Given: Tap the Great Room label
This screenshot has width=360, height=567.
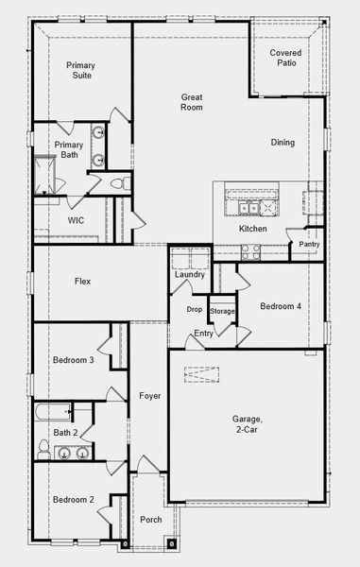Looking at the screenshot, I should tap(193, 102).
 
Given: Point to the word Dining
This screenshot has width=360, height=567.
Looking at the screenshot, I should tap(283, 143).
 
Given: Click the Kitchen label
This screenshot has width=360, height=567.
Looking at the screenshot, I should tap(252, 230).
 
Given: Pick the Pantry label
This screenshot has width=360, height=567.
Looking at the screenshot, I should tap(309, 245).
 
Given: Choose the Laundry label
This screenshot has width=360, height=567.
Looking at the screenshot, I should tap(189, 274).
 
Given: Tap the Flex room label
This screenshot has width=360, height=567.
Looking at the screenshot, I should tap(83, 281).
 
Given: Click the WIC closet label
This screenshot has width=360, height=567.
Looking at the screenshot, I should tap(77, 220).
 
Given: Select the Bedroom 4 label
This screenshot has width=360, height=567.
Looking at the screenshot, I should tap(281, 306).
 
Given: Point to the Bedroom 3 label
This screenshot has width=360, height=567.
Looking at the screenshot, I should tap(73, 360).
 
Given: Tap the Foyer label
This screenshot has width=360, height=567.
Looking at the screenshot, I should tap(150, 396).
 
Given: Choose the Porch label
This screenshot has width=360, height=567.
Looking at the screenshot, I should tap(150, 519).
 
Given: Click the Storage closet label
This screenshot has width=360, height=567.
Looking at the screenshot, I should tap(222, 311).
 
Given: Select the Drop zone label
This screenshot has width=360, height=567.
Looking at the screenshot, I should tap(194, 309).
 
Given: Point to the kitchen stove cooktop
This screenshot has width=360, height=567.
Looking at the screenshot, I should tap(250, 250).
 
